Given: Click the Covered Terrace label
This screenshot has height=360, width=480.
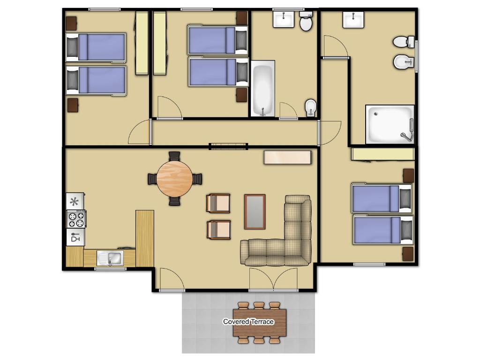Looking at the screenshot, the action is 248,322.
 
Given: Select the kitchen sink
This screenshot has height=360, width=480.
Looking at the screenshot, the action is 110,258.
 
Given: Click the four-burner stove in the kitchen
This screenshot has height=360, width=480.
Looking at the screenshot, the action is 76,219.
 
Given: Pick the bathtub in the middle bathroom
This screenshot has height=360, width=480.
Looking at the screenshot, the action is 262,89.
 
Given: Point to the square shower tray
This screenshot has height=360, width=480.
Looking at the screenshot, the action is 390,124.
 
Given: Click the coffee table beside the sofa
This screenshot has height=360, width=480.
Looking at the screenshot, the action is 255,212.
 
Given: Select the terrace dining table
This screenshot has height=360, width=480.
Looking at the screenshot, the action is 260,322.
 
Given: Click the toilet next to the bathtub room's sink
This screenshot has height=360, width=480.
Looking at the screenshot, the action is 306,22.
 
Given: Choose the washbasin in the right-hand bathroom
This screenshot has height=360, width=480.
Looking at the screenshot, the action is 353,20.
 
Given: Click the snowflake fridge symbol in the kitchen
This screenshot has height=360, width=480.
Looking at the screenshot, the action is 75,202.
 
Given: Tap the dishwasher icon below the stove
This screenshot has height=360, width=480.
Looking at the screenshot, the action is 75,237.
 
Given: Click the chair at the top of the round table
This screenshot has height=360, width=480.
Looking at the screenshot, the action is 174,157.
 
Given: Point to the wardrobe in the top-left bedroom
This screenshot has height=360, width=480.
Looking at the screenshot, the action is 142,43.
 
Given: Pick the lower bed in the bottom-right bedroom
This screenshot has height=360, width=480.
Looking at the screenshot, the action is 382,230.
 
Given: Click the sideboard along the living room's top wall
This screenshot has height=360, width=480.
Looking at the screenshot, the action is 288,157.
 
